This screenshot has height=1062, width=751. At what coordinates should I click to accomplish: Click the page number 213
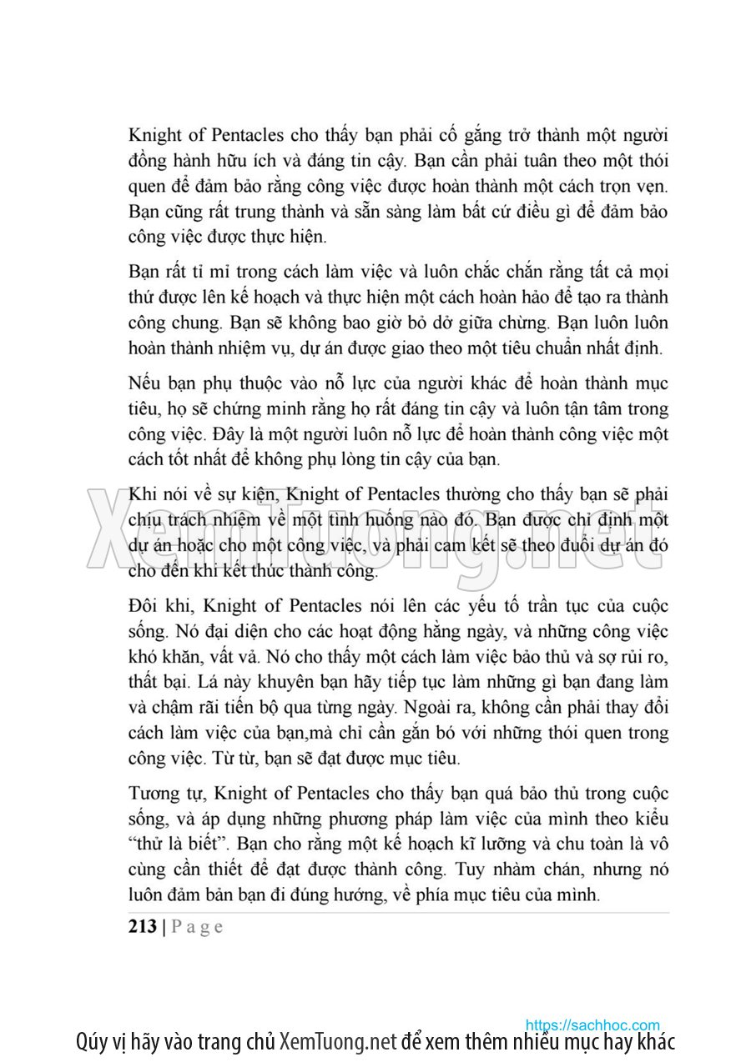[x=143, y=926]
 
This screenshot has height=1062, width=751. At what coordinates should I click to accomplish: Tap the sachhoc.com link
[x=592, y=1024]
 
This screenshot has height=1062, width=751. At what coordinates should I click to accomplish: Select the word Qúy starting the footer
[x=90, y=1042]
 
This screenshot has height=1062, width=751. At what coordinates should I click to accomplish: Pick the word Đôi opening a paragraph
[x=144, y=606]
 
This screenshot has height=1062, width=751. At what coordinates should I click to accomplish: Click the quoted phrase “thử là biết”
[x=175, y=844]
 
